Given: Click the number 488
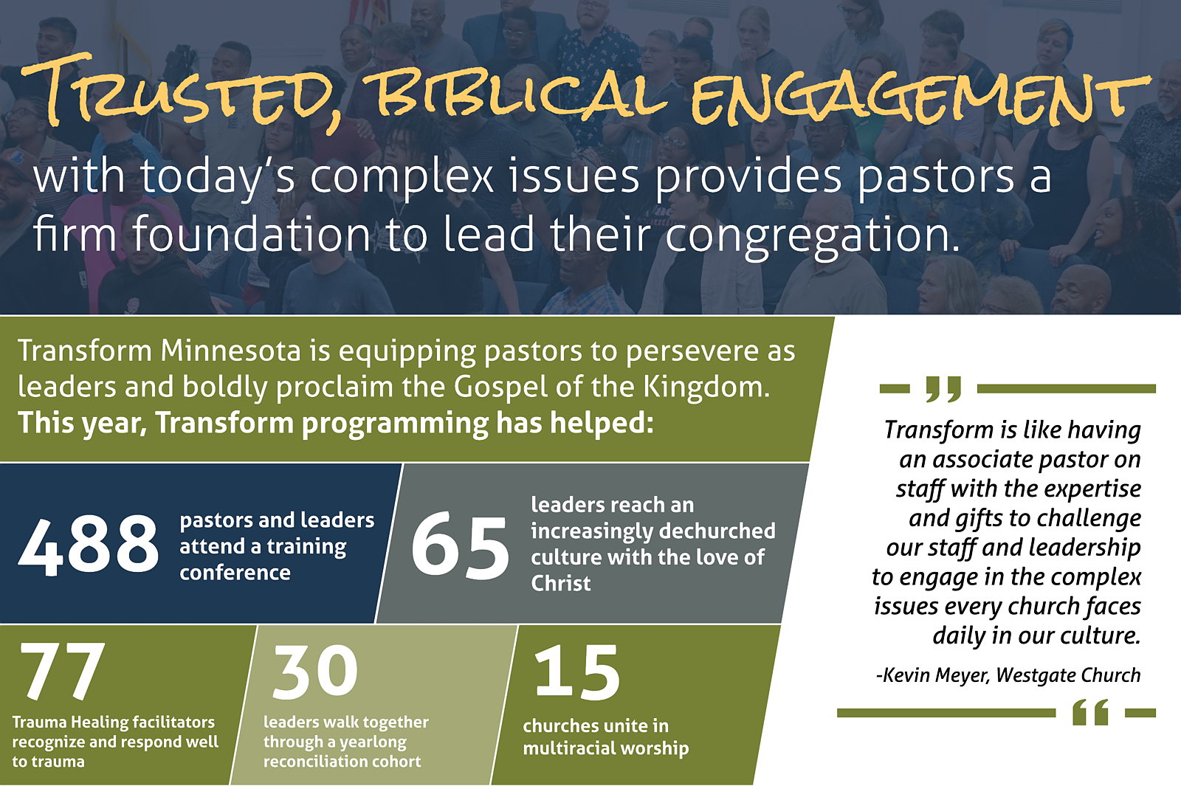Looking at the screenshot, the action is (x=89, y=545).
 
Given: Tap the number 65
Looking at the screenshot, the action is (x=460, y=545).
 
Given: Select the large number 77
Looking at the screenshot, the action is (x=60, y=671).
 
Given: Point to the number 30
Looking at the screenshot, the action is (x=314, y=671).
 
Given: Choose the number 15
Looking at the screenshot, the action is (x=576, y=672).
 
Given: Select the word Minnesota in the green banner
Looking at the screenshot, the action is (x=230, y=351).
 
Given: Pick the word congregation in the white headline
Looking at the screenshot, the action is (x=811, y=235).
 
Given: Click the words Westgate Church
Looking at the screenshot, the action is (x=1068, y=675).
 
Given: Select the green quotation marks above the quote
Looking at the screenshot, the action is (x=944, y=389).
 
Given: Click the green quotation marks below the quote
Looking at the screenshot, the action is (x=1090, y=713).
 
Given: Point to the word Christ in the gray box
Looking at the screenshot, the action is (x=560, y=584).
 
